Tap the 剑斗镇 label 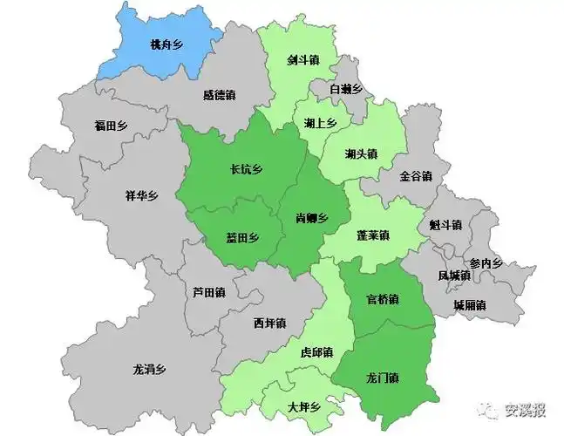(x=304, y=61)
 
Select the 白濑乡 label (x=346, y=89)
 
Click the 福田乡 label (x=111, y=126)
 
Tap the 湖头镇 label (x=361, y=154)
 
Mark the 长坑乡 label (x=246, y=170)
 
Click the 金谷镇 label (x=416, y=176)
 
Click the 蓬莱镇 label (x=373, y=235)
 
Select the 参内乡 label (x=486, y=263)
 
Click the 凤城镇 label (x=454, y=276)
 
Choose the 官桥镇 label (x=383, y=299)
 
